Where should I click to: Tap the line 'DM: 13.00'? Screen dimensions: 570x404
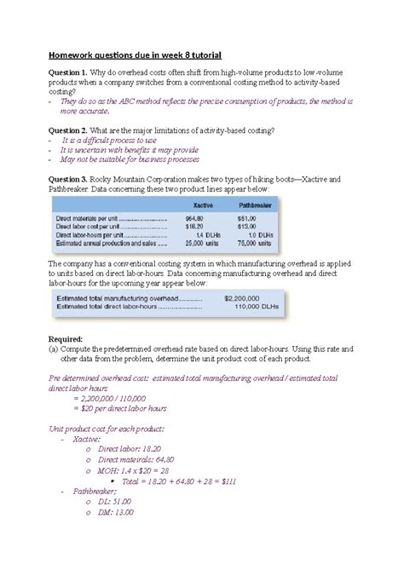pyautogui.click(x=121, y=512)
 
